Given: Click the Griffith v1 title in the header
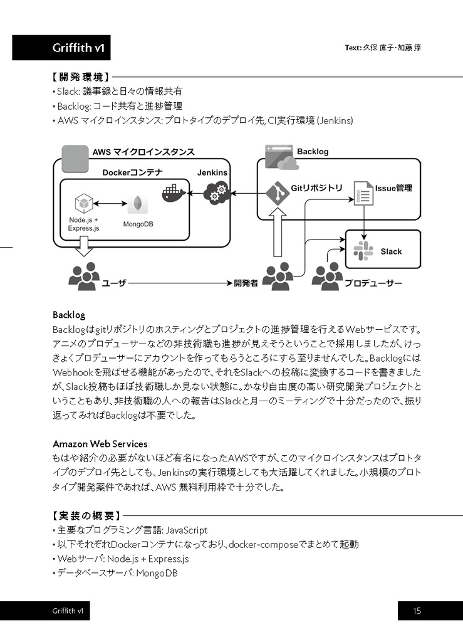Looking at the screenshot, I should (78, 48).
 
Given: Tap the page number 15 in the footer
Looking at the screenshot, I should (417, 611).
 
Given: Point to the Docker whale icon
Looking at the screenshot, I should (174, 192).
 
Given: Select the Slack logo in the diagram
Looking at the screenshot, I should (363, 251).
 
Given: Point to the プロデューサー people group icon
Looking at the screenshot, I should (327, 276).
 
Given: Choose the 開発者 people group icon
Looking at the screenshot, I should (278, 276).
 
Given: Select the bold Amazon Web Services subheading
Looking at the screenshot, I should (100, 444).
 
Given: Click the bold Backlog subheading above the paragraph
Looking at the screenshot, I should (69, 315).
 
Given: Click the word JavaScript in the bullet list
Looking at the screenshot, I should (187, 530).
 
